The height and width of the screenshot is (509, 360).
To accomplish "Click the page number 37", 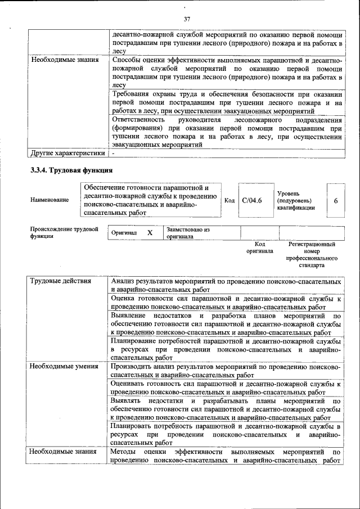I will [x=187, y=20].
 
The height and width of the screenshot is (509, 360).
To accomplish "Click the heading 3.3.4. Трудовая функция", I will [x=71, y=169].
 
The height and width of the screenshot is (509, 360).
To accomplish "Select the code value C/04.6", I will [x=252, y=200].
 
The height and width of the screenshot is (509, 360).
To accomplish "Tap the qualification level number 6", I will [x=335, y=200].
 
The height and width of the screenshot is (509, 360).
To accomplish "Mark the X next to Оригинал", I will [x=150, y=232].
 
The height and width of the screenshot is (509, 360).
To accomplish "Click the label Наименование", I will [x=50, y=200].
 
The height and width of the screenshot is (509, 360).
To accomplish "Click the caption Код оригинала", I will [x=259, y=248].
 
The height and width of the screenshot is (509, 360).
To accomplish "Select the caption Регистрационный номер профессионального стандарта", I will [x=312, y=254].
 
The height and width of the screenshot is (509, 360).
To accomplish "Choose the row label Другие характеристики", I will [x=67, y=152].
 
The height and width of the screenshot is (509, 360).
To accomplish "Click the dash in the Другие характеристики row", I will [x=113, y=152].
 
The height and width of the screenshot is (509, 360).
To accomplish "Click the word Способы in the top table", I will [x=127, y=59].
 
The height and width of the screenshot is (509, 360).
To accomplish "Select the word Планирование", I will [x=136, y=341].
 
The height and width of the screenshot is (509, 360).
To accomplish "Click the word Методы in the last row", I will [x=124, y=452].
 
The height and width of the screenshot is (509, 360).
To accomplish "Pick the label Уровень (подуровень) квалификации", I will [x=296, y=200].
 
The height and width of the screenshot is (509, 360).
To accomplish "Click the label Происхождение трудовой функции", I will [x=64, y=232].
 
